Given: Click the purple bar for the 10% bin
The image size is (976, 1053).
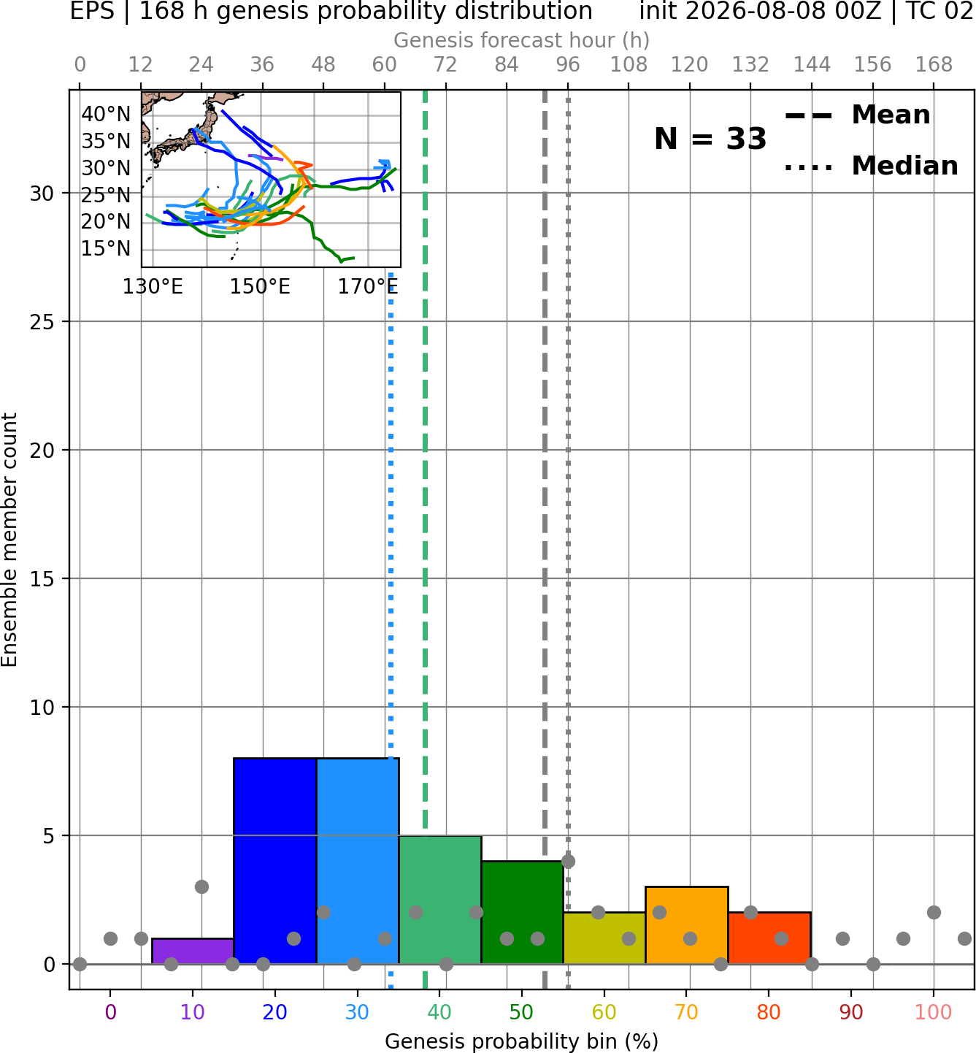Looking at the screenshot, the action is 193,951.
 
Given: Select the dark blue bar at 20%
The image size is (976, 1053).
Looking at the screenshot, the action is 275,861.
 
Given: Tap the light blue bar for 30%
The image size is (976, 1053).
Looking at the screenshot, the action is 358,861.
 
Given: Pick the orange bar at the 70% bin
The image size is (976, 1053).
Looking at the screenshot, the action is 687,925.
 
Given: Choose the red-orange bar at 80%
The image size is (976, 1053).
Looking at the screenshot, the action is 769,938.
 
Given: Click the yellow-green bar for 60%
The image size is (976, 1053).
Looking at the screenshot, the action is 604,938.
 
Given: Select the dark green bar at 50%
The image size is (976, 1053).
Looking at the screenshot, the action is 523,913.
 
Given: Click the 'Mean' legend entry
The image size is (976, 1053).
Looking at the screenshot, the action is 857,115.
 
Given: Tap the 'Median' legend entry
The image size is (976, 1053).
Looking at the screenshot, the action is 871,166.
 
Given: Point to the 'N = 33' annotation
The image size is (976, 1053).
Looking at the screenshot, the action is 710,139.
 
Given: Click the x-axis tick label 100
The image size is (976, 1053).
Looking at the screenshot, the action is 933,1012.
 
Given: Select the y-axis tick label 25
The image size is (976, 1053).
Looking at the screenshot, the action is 42,322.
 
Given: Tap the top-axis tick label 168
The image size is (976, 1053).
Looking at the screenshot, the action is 934,65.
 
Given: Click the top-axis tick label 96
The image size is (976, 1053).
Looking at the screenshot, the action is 568,65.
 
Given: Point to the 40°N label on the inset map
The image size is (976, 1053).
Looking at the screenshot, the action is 106,114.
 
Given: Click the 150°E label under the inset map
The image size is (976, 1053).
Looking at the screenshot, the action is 260,287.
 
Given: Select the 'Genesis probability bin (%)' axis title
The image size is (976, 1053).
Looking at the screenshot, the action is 522,1041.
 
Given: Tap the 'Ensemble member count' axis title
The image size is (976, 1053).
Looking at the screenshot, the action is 9,540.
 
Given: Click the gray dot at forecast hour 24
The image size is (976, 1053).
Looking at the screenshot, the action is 201,887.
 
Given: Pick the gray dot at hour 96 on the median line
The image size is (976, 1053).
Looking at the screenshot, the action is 568,861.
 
